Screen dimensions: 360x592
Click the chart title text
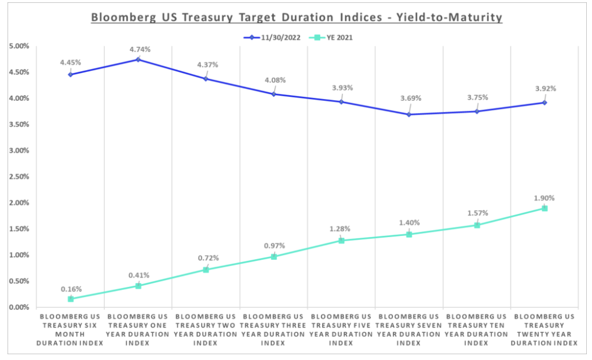[296, 17]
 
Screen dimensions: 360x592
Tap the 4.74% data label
[140, 49]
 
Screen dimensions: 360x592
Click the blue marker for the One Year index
[138, 59]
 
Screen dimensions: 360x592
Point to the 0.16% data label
[72, 289]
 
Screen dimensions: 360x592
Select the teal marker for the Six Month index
[71, 299]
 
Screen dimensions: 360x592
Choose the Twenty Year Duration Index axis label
[545, 330]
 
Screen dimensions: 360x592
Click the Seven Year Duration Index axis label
[409, 330]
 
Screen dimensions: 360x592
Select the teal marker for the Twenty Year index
[545, 208]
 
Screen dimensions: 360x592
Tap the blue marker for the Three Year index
[273, 94]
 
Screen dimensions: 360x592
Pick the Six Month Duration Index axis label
[71, 330]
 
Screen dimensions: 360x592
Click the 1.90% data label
[546, 198]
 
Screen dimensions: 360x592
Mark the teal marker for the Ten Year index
[477, 225]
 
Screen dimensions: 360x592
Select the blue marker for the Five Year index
[341, 101]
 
